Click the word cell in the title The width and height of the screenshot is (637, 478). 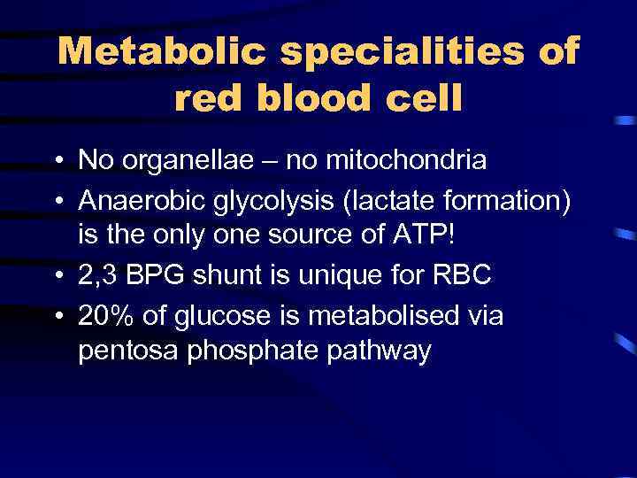coord(427,99)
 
